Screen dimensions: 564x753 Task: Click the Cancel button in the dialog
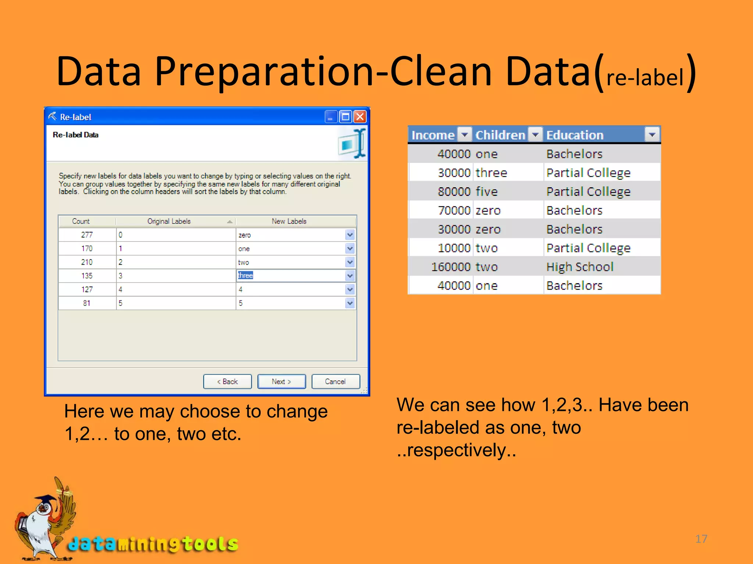point(335,382)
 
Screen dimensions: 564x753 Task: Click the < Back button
point(227,382)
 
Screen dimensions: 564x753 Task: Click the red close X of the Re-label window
point(360,117)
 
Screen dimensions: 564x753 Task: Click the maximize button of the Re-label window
point(345,117)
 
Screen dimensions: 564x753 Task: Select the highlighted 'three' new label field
point(290,276)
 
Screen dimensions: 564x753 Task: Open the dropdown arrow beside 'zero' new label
point(350,235)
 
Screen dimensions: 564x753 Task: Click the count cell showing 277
point(87,235)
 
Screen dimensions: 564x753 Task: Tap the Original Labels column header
point(169,221)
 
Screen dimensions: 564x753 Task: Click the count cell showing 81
point(87,303)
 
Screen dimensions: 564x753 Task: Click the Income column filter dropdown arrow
point(465,135)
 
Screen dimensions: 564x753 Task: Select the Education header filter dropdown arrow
point(652,135)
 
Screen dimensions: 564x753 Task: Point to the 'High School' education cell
point(580,267)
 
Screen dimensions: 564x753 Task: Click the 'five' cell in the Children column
point(486,192)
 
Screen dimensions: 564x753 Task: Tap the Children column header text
point(500,135)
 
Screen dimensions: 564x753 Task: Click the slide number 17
point(701,539)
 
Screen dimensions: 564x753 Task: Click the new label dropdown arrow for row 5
point(350,303)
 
